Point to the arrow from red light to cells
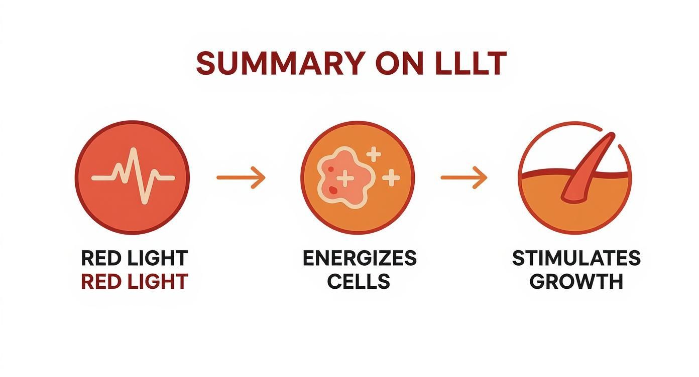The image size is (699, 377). pyautogui.click(x=241, y=177)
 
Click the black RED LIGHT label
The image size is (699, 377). pyautogui.click(x=134, y=258)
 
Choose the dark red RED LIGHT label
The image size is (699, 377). pyautogui.click(x=134, y=281)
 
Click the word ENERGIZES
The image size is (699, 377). pyautogui.click(x=359, y=258)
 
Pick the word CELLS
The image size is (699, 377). pyautogui.click(x=359, y=281)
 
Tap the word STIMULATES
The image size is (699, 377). pyautogui.click(x=576, y=258)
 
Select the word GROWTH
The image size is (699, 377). pyautogui.click(x=576, y=281)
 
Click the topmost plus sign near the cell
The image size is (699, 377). pyautogui.click(x=373, y=154)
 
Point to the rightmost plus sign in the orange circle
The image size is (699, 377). pyautogui.click(x=391, y=177)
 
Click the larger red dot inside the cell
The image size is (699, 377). pyautogui.click(x=333, y=189)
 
